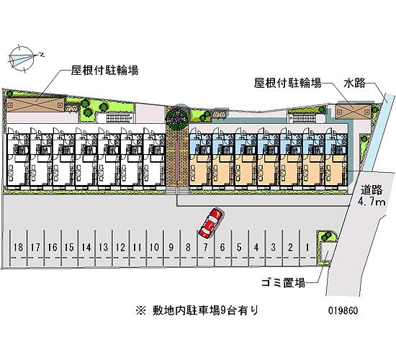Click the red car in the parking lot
click(x=211, y=222)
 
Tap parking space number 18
click(x=18, y=248)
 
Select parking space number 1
click(x=307, y=248)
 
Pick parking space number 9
click(x=171, y=248)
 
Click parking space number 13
click(x=103, y=248)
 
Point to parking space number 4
click(x=256, y=248)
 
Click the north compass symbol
click(x=23, y=59)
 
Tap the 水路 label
click(x=354, y=83)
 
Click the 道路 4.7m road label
click(x=372, y=196)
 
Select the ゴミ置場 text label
click(x=283, y=283)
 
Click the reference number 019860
click(x=343, y=310)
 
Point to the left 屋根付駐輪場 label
click(x=104, y=70)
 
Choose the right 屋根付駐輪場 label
click(x=288, y=83)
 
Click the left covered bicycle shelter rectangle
click(x=35, y=104)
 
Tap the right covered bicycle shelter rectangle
click(x=354, y=111)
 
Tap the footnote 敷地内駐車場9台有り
click(x=197, y=310)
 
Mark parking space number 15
click(x=69, y=248)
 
